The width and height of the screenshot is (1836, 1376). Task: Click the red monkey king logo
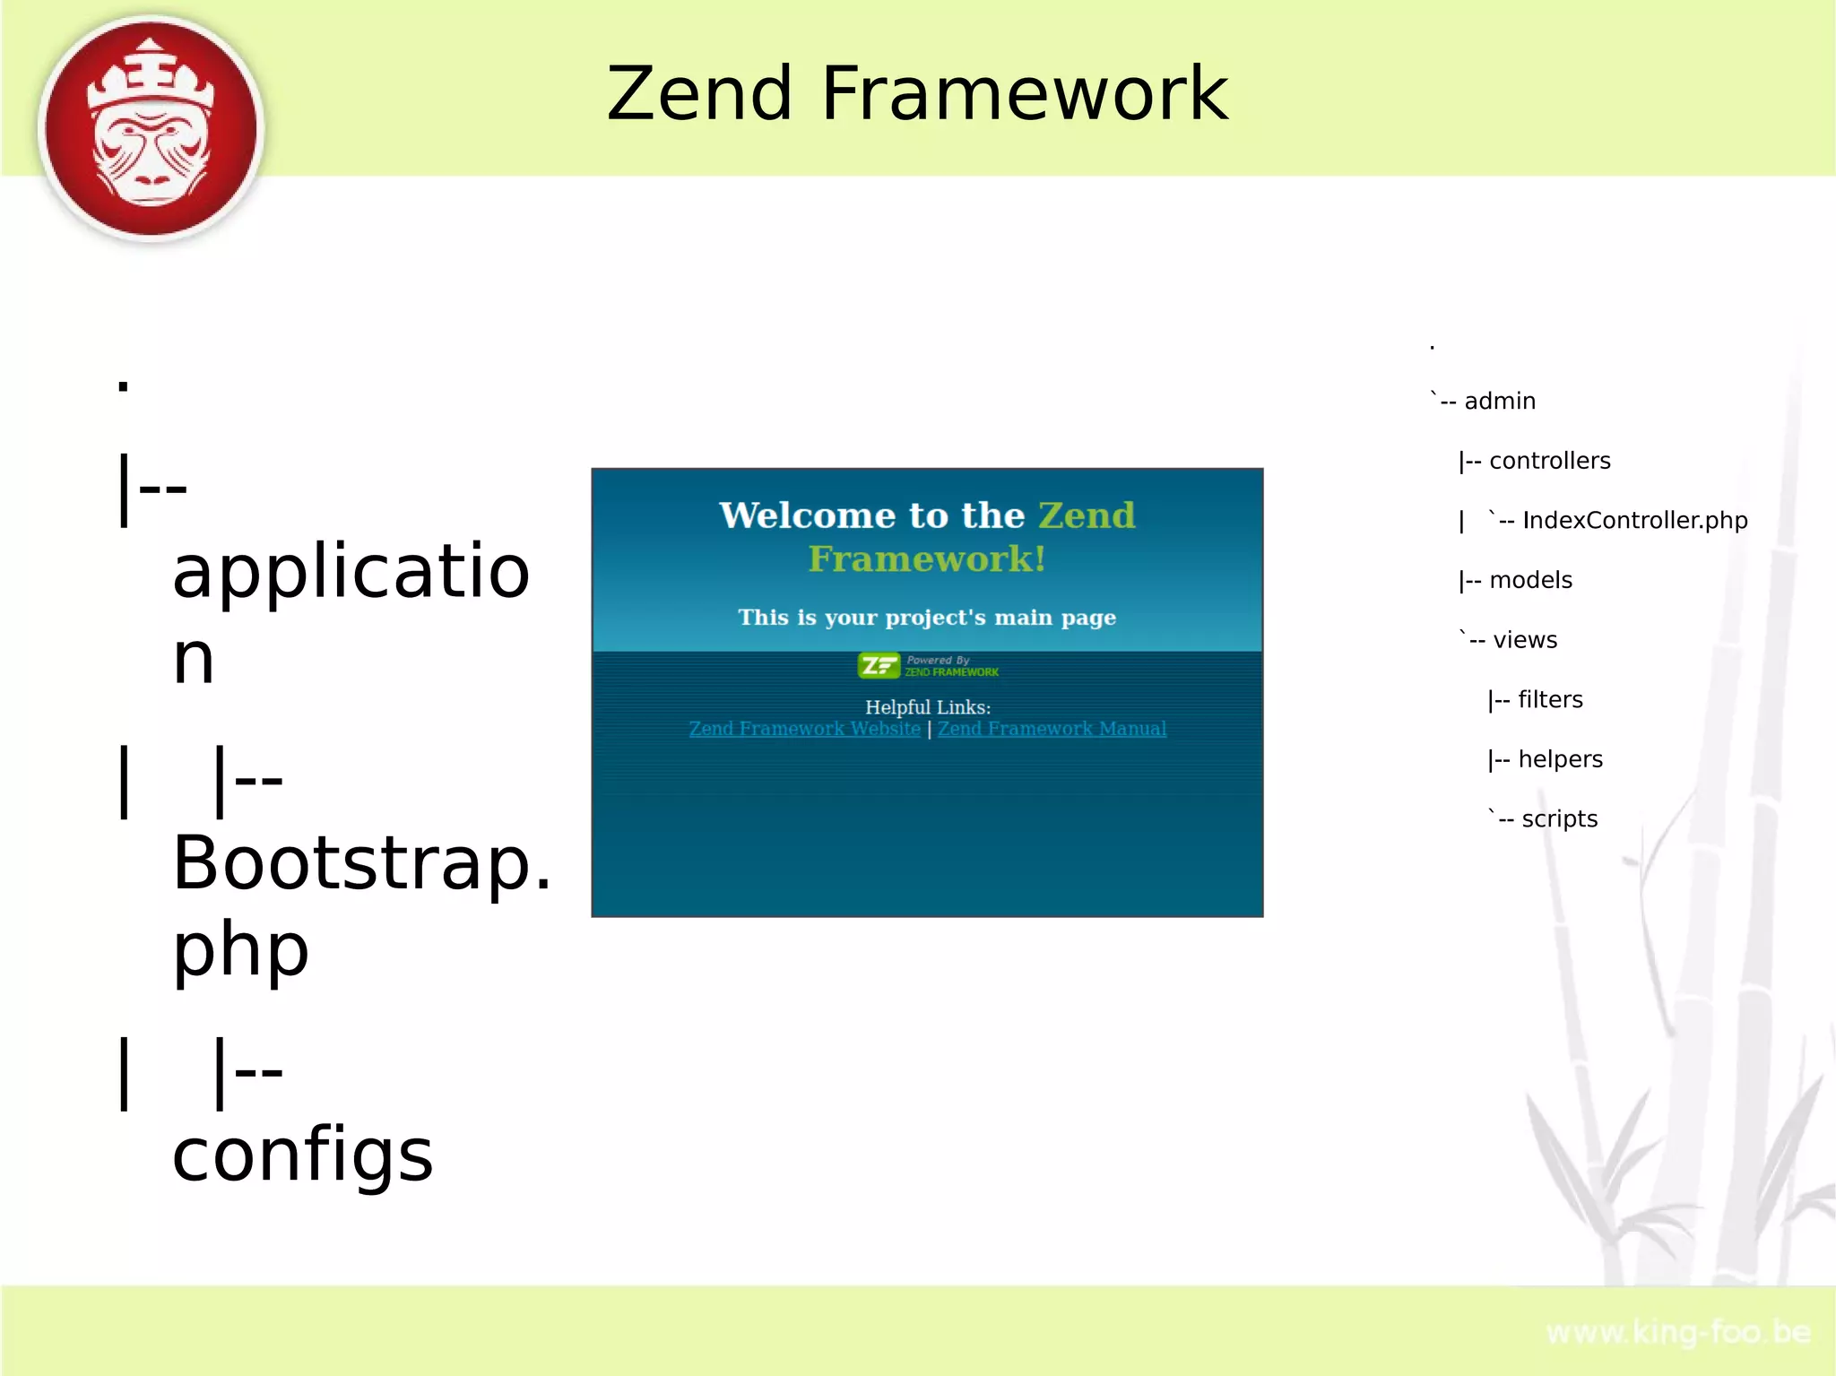151,128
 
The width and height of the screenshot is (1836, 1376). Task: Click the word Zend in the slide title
699,94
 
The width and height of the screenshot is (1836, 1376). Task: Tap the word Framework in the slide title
1024,94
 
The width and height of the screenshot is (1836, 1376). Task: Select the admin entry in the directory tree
1499,401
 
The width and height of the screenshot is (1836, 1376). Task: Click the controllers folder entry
1549,461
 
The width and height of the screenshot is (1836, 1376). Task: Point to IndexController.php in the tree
1634,521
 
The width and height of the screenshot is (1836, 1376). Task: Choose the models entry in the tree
1530,580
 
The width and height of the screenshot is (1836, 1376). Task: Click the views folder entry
1524,640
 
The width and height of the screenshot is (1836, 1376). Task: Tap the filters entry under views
1550,700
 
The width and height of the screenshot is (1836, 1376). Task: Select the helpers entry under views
1560,759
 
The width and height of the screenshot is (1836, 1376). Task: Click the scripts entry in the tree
1559,819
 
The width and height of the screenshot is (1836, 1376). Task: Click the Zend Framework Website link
804,729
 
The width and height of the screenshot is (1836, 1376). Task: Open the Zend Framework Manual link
1052,729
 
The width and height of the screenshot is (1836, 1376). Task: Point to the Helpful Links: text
927,707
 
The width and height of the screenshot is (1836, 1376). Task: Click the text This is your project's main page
927,618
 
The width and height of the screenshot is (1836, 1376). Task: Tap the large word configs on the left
302,1155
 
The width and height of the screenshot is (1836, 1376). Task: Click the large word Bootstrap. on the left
361,863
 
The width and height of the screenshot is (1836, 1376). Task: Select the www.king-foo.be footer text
1678,1333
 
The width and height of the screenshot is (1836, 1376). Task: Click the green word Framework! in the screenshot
927,559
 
